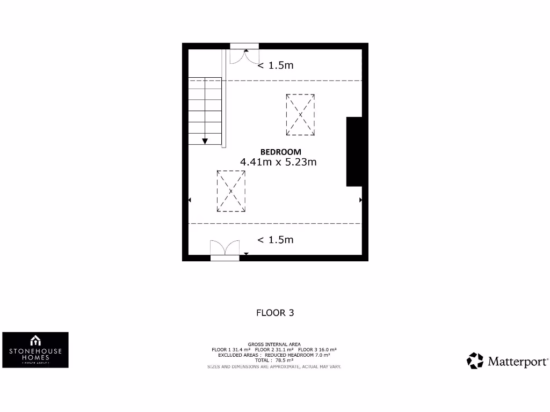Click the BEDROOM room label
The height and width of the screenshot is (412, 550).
pyautogui.click(x=281, y=152)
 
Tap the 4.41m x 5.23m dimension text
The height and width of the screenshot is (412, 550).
pyautogui.click(x=278, y=161)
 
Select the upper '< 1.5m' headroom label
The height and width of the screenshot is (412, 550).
pyautogui.click(x=276, y=65)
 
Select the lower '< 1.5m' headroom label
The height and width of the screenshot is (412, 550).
pyautogui.click(x=276, y=240)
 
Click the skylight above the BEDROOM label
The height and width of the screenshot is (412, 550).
pyautogui.click(x=300, y=115)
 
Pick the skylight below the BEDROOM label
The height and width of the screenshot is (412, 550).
pyautogui.click(x=231, y=191)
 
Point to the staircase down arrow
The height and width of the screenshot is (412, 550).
pyautogui.click(x=205, y=141)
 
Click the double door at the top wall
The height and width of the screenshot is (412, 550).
pyautogui.click(x=244, y=55)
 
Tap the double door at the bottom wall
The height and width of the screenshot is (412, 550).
pyautogui.click(x=225, y=249)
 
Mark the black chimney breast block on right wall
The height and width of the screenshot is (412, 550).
pyautogui.click(x=354, y=152)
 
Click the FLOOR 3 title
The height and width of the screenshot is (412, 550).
pyautogui.click(x=275, y=313)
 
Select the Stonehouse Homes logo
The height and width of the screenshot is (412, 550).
pyautogui.click(x=35, y=350)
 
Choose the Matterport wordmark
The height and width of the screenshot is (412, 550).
pyautogui.click(x=518, y=361)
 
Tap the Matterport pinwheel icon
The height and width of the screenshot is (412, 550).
pyautogui.click(x=475, y=361)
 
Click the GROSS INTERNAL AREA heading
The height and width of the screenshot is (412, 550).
pyautogui.click(x=274, y=344)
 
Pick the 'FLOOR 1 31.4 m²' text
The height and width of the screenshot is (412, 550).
pyautogui.click(x=231, y=350)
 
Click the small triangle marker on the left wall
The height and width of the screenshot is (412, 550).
pyautogui.click(x=190, y=200)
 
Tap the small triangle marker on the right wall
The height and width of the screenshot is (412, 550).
pyautogui.click(x=360, y=200)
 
